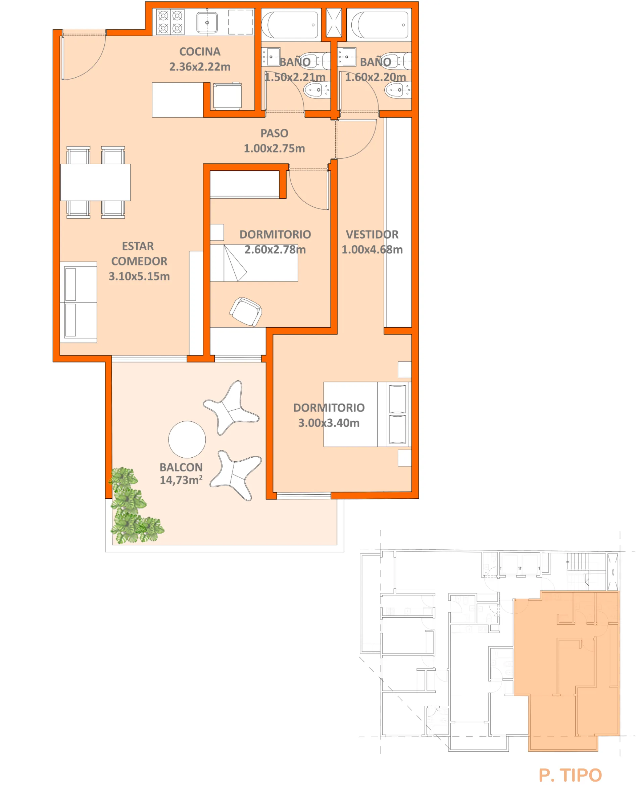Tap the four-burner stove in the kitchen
pos(170,22)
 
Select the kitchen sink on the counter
pos(207,23)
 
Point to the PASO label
pos(274,133)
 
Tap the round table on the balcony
pos(187,439)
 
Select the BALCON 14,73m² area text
pos(181,473)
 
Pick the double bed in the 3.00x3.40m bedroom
pos(366,414)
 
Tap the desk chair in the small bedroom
pos(246,312)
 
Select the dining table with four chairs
pos(95,182)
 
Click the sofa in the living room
pos(78,302)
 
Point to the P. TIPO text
pos(570,775)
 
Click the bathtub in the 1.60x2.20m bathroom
pos(380,25)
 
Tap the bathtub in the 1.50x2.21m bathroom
pos(290,25)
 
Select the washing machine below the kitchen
pos(227,96)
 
